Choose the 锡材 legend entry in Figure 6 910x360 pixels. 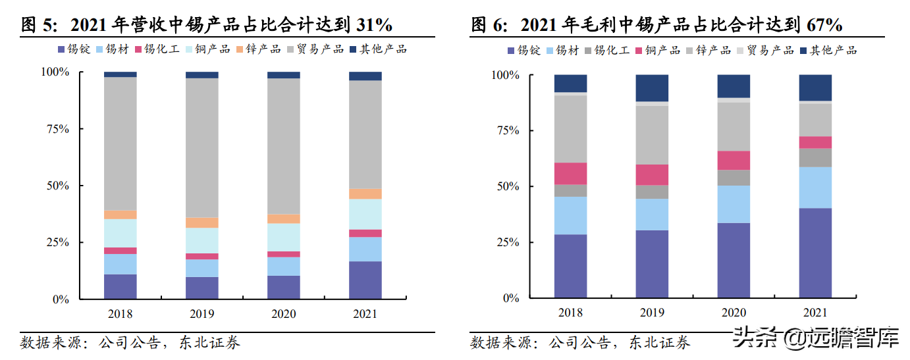pos(567,50)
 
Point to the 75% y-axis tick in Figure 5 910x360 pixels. pos(56,129)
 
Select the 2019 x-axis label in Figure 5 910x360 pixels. pos(201,314)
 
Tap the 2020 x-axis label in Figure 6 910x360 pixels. pos(734,313)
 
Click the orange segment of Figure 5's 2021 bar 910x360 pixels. pos(365,194)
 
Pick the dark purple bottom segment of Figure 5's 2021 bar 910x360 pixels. pos(365,280)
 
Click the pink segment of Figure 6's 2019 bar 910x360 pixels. pos(652,174)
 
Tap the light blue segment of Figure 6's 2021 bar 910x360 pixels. pos(815,188)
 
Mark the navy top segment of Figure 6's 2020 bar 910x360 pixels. pos(734,86)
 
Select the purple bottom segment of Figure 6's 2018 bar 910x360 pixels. pos(570,266)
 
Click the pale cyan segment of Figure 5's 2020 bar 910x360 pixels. pos(283,237)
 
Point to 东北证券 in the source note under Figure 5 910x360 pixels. pos(212,342)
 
